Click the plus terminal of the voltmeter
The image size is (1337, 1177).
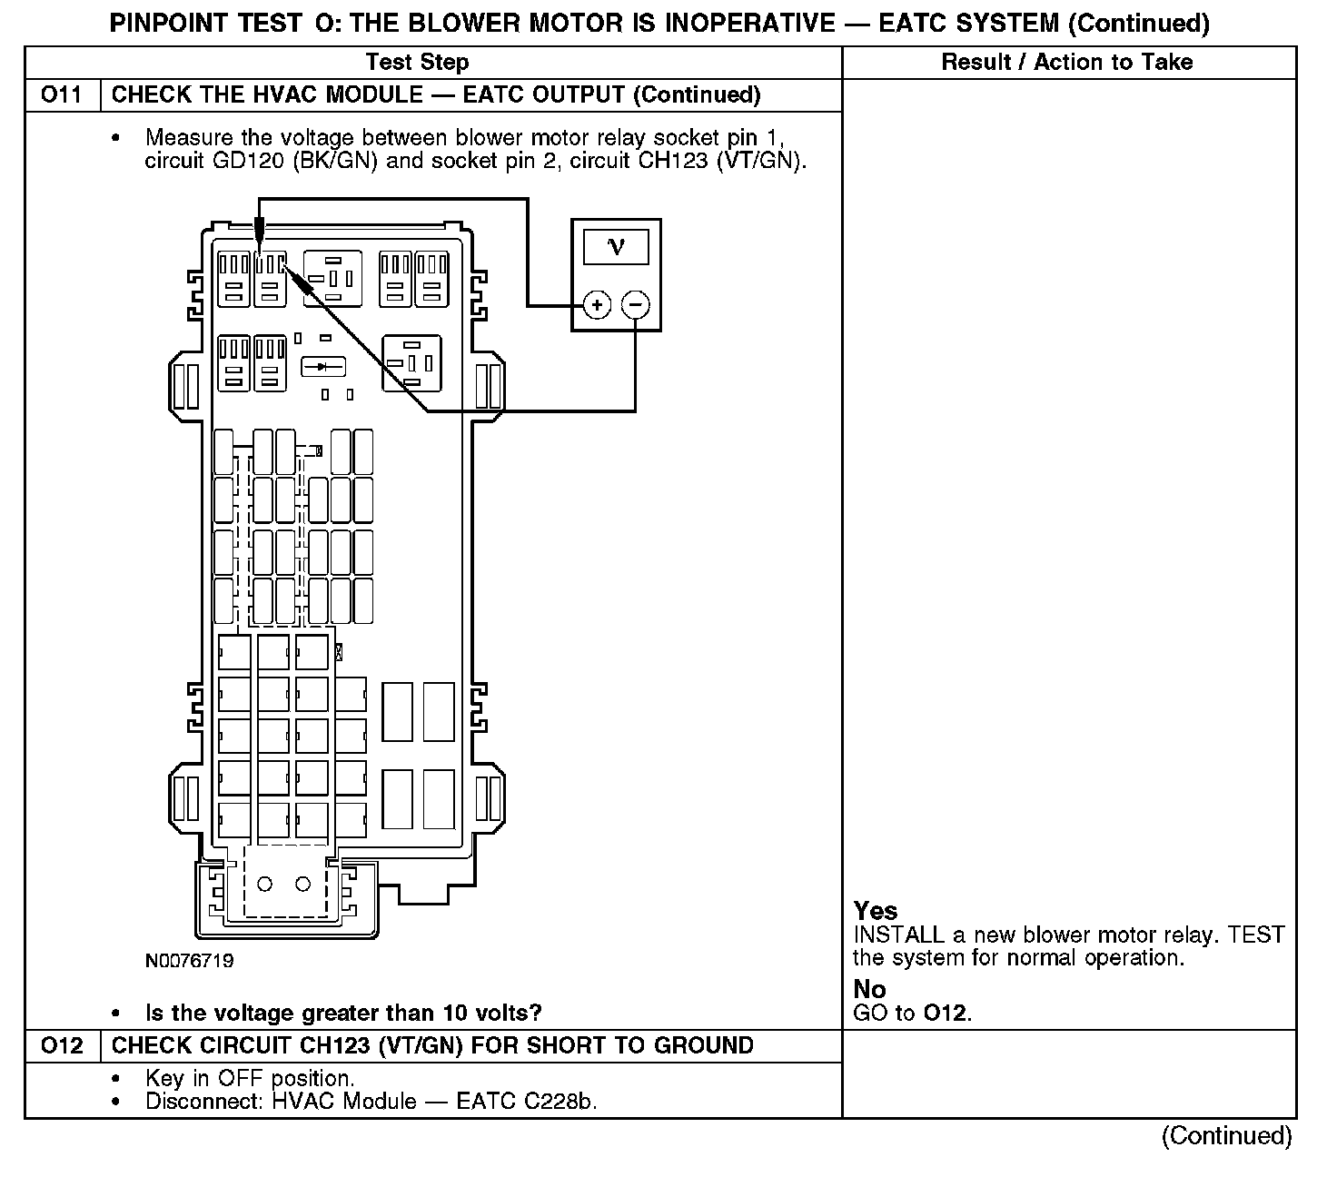[x=596, y=305]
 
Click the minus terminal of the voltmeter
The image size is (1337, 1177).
[x=636, y=305]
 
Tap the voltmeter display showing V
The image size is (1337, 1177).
[x=616, y=246]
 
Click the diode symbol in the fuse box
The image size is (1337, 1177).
[x=323, y=367]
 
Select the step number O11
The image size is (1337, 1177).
[x=61, y=95]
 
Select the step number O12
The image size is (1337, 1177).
[x=61, y=1045]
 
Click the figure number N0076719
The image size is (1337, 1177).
[x=189, y=961]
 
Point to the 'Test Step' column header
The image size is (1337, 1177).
[x=417, y=63]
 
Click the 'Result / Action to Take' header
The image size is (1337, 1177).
[x=1067, y=63]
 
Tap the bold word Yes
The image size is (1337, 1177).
[x=876, y=911]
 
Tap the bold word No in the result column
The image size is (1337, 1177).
[x=869, y=989]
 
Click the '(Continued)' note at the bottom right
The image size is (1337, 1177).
[x=1226, y=1136]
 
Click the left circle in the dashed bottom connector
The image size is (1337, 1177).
[x=265, y=884]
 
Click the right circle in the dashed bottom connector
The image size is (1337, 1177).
[x=303, y=884]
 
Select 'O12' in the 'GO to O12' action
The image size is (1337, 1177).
[x=946, y=1013]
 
